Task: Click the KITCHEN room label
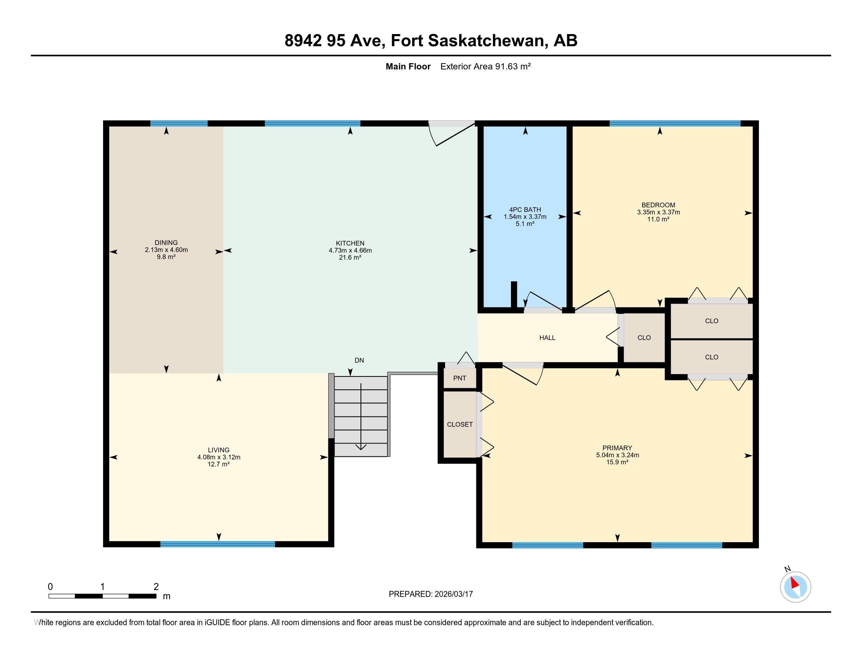point(350,243)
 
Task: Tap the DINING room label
point(166,243)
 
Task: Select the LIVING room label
point(219,450)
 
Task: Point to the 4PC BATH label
point(525,210)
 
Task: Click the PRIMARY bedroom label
point(617,448)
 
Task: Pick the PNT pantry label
point(460,378)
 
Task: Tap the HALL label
point(547,338)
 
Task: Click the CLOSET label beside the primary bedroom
point(460,425)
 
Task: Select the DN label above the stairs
point(359,360)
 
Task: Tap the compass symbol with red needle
point(795,587)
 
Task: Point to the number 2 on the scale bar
point(156,587)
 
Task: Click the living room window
point(217,544)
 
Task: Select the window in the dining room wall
point(179,123)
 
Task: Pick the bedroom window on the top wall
point(675,123)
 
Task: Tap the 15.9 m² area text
point(617,462)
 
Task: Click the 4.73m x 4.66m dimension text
point(350,250)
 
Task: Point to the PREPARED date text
point(431,594)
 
